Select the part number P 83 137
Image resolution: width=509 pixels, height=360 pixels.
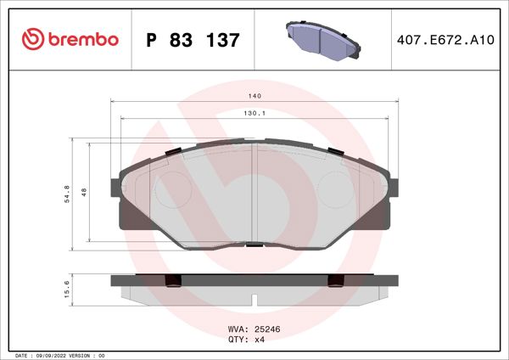click(x=193, y=39)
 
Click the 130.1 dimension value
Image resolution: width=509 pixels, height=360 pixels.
click(x=254, y=113)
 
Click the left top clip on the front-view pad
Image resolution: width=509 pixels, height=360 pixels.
click(x=171, y=152)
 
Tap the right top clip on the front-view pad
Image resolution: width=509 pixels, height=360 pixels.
click(x=336, y=152)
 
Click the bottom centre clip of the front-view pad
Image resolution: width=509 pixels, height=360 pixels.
click(x=254, y=246)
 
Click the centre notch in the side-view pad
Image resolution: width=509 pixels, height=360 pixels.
click(x=254, y=298)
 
